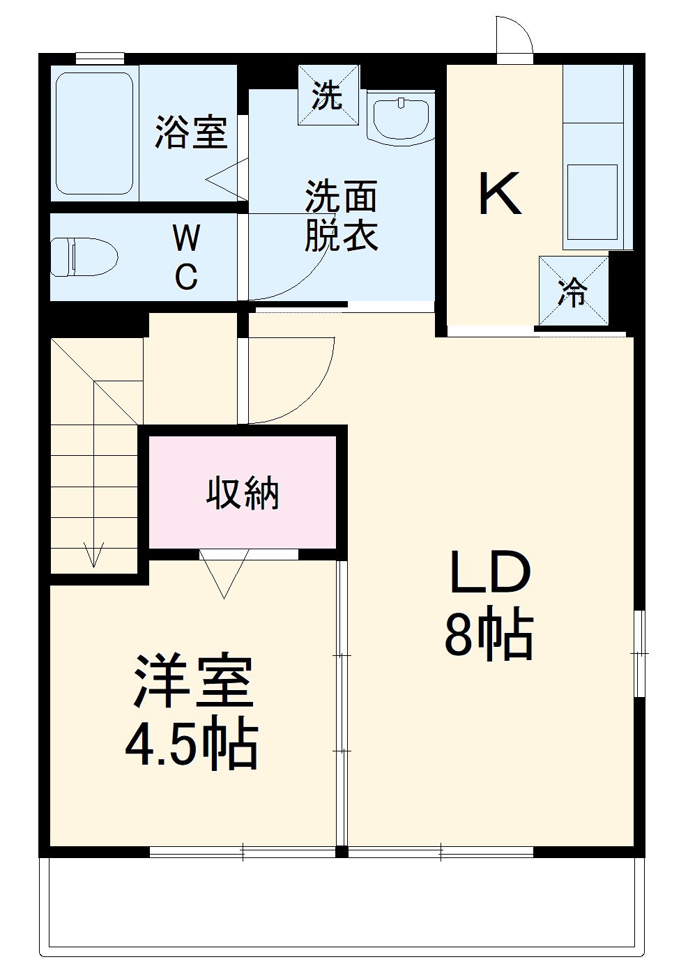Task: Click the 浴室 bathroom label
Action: pos(191,132)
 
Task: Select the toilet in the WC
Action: pos(83,256)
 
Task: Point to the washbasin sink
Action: pos(400,118)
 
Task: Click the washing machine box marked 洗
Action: pos(328,95)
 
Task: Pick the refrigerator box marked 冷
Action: pos(573,291)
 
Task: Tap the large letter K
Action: pos(500,194)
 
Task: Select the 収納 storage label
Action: pos(242,494)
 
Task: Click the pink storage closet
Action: pos(242,516)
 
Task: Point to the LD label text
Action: pos(490,572)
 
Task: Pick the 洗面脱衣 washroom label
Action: pos(342,215)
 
